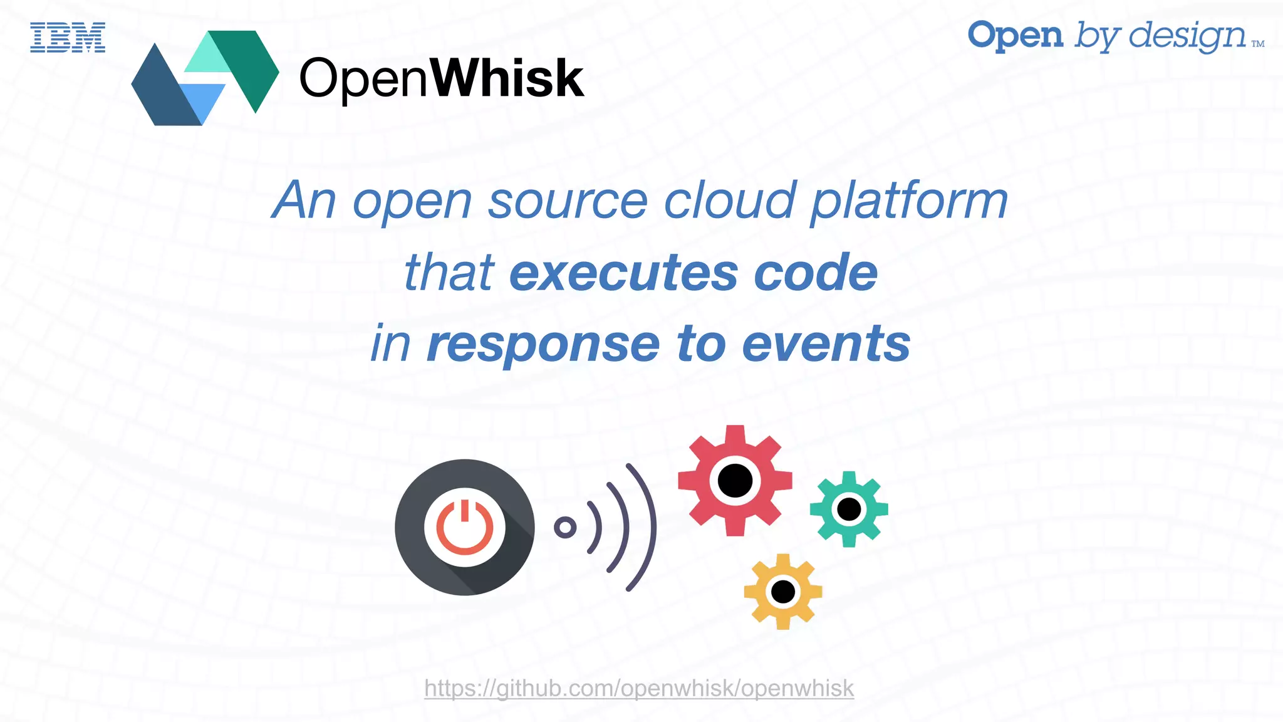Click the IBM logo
tap(68, 37)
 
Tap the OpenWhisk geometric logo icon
tap(205, 78)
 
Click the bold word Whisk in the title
tap(507, 79)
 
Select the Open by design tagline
tap(1115, 36)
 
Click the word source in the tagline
tap(568, 201)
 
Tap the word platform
tap(909, 202)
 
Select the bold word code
tap(816, 273)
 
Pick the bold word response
tap(543, 344)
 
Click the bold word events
tap(826, 344)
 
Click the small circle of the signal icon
tap(565, 527)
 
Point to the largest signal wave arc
tap(649, 527)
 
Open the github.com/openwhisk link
tap(639, 688)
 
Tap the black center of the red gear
tap(735, 481)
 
